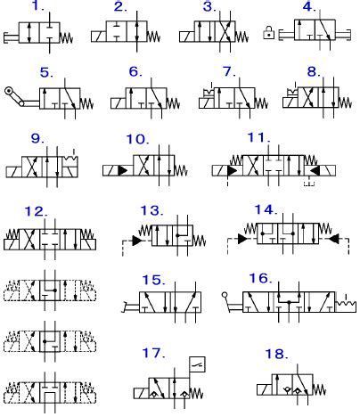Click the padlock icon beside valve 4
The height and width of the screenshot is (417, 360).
click(x=268, y=33)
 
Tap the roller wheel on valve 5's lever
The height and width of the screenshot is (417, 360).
click(x=9, y=90)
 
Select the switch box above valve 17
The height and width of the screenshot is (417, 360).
click(x=198, y=364)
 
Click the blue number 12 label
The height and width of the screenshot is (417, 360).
click(x=36, y=211)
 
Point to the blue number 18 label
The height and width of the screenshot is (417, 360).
click(x=276, y=354)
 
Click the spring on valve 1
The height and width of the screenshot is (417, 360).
click(x=66, y=37)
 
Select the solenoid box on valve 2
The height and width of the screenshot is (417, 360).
click(x=99, y=37)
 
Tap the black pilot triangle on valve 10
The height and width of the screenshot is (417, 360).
click(x=123, y=171)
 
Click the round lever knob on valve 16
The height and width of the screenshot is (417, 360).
click(x=225, y=295)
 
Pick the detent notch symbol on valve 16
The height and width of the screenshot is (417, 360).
click(x=346, y=305)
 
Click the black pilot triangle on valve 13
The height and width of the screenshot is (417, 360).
click(x=137, y=241)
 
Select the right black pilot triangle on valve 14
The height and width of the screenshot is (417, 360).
click(x=334, y=239)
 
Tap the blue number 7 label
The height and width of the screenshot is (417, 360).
click(x=229, y=71)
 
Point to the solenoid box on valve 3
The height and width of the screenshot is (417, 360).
click(x=187, y=37)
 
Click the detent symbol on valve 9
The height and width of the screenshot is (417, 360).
click(x=70, y=159)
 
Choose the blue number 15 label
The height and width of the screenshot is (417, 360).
click(x=153, y=280)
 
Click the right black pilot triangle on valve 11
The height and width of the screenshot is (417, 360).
click(x=315, y=170)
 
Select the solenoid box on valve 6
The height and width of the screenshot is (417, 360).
click(x=119, y=103)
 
